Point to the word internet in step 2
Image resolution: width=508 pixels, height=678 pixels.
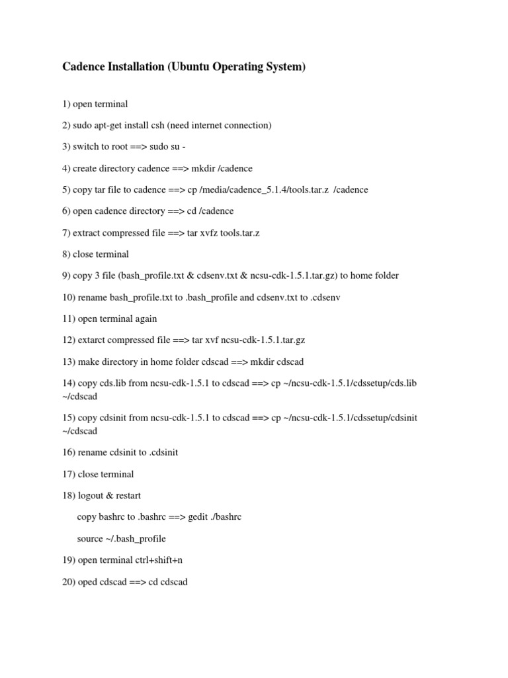(x=213, y=125)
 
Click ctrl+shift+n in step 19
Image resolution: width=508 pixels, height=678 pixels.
(x=158, y=559)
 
